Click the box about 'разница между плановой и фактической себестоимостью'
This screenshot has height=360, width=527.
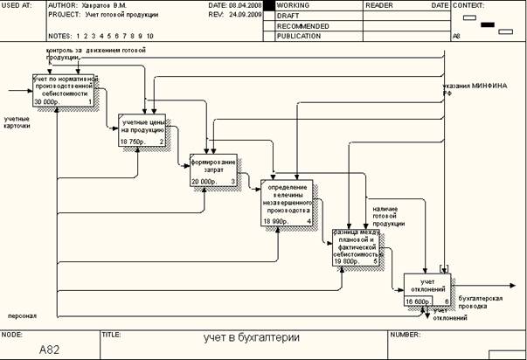point(355,246)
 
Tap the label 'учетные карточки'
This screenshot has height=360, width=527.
point(17,122)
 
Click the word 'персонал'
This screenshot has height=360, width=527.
point(22,315)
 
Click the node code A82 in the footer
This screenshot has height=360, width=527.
point(49,349)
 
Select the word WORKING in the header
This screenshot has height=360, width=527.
point(294,5)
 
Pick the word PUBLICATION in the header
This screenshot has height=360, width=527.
point(297,37)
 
